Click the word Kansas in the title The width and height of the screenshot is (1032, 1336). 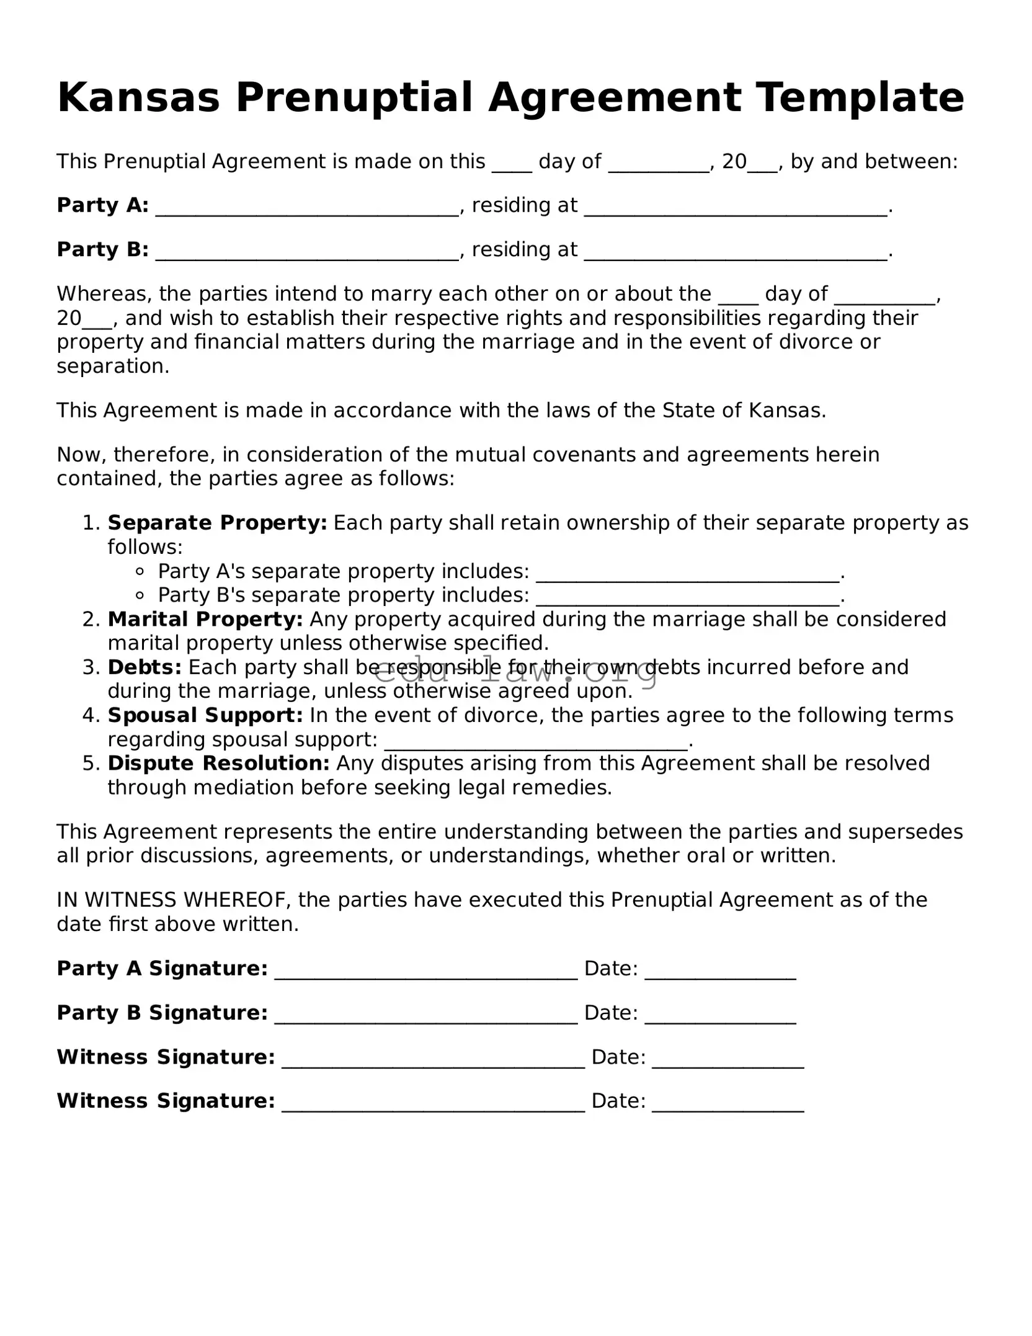click(138, 98)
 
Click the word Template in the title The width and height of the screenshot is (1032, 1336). click(860, 98)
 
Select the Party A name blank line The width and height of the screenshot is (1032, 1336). click(307, 207)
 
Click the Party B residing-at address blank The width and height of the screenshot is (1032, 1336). click(736, 251)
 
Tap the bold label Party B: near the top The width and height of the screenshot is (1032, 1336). click(102, 249)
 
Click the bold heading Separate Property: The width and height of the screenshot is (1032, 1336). click(217, 523)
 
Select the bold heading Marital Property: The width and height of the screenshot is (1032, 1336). click(205, 619)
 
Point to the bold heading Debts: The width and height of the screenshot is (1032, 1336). click(145, 667)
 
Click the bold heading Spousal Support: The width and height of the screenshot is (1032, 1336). click(205, 715)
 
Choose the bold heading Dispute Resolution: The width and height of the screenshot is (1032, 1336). click(218, 764)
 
